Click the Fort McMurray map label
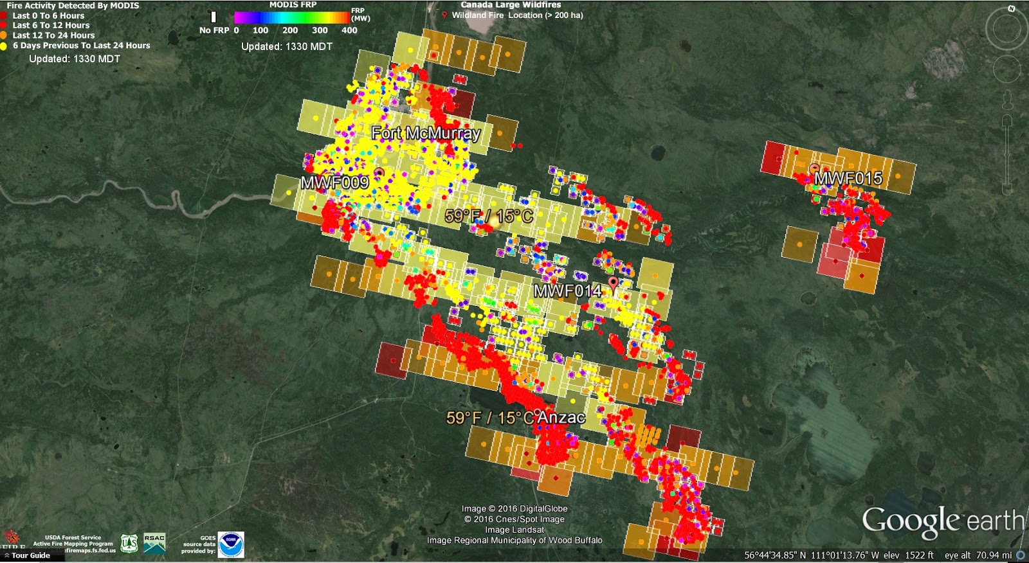pos(426,133)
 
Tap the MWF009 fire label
pos(334,183)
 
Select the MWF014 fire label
pos(567,291)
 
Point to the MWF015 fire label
pos(848,178)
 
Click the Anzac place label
pos(561,417)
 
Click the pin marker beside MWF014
pos(613,283)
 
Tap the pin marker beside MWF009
pos(379,173)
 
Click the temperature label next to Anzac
pos(490,418)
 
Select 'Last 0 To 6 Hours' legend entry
pos(48,15)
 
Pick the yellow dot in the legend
pos(4,46)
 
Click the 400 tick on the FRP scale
pos(349,30)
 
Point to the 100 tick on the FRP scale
pos(260,30)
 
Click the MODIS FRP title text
pos(293,4)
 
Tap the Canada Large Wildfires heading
pos(511,4)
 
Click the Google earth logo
pos(942,521)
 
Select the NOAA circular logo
pos(231,544)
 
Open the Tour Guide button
pos(30,555)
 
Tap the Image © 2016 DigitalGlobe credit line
pos(514,508)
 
